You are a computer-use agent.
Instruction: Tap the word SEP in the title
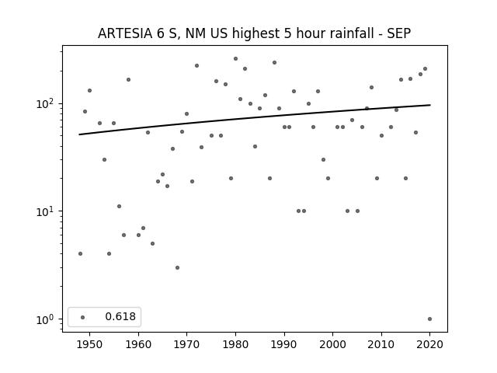coord(399,33)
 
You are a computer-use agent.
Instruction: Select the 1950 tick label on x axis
coord(90,344)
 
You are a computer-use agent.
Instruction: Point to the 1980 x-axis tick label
coord(235,344)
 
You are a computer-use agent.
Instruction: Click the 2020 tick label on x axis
coord(429,344)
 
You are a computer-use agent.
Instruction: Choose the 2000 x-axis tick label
coord(333,344)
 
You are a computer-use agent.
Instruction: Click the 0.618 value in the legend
coord(120,316)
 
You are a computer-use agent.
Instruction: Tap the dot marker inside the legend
coord(83,317)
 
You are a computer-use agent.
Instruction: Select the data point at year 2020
coord(429,319)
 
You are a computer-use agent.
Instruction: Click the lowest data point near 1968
coord(178,267)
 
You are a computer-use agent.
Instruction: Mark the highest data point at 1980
coord(235,59)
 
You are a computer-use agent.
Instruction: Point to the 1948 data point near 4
coord(80,254)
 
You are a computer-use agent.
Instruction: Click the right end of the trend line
coord(430,105)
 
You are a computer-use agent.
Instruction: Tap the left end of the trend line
coord(79,134)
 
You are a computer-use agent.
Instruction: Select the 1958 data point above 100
coord(128,79)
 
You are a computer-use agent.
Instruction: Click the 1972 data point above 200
coord(196,65)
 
